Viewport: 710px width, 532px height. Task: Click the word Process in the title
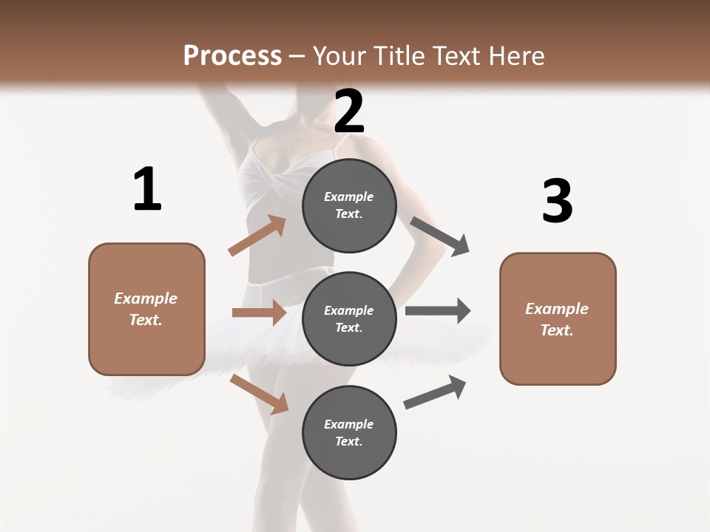tap(232, 55)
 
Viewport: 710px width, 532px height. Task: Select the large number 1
tap(147, 190)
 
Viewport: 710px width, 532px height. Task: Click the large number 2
tap(349, 112)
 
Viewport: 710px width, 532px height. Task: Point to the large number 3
tap(557, 202)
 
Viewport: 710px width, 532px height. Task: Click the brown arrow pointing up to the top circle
tap(257, 236)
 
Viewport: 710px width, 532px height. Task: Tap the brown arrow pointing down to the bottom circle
tap(259, 393)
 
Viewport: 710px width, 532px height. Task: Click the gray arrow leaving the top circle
tap(440, 236)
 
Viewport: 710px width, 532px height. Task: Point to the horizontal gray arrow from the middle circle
tap(437, 311)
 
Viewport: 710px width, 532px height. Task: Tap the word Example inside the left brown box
tap(146, 299)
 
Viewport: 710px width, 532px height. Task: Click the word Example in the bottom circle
tap(348, 424)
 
